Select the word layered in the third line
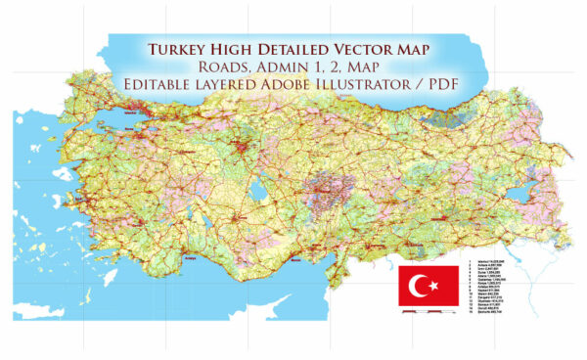click(x=241, y=85)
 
